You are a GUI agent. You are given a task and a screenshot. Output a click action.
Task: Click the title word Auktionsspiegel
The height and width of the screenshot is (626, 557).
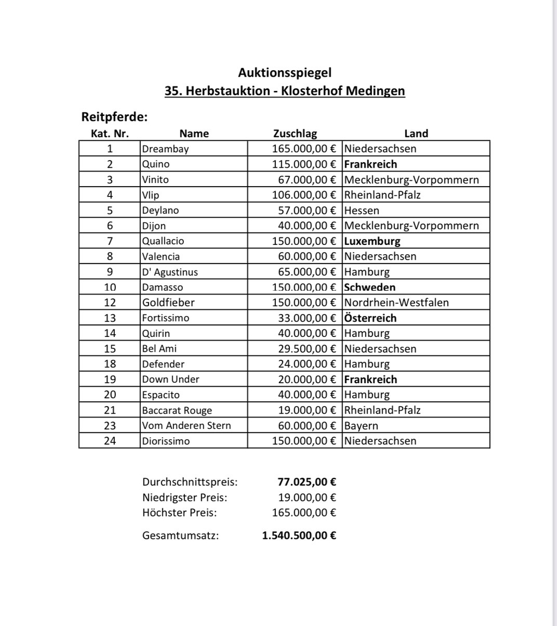tap(284, 72)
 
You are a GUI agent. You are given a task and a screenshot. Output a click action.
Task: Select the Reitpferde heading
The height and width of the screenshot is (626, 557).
tap(114, 117)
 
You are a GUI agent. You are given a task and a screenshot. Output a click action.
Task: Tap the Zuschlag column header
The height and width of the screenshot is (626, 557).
tap(295, 133)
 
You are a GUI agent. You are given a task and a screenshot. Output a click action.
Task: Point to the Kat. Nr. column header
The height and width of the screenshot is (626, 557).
tap(110, 133)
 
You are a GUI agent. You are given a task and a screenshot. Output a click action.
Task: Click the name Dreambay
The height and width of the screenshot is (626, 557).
tap(165, 149)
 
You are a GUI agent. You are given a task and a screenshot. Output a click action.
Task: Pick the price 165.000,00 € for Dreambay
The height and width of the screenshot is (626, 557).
tap(304, 149)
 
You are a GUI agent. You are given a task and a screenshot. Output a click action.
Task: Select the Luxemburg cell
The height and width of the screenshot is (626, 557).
tap(372, 241)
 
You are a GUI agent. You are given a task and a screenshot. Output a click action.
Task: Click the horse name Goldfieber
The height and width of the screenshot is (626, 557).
tap(168, 302)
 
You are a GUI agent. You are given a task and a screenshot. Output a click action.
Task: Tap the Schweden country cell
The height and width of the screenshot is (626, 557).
tap(370, 287)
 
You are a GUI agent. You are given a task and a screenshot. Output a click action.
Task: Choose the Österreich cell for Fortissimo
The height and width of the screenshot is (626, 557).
tap(370, 318)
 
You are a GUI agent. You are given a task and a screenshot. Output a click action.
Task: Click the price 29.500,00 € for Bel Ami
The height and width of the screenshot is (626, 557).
tap(307, 348)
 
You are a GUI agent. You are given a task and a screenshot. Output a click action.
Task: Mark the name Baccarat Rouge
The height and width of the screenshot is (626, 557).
tap(177, 410)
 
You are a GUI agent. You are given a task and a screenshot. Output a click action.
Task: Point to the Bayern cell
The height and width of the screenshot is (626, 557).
tap(361, 426)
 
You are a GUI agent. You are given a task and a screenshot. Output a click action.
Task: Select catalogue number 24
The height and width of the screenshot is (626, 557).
tap(110, 441)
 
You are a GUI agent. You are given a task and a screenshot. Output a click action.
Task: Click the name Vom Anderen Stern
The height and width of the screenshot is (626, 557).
tap(186, 426)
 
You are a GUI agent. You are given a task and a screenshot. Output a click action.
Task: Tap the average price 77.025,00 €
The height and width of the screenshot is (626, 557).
tap(307, 482)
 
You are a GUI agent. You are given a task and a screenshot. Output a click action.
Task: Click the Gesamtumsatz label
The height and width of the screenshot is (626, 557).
tap(181, 536)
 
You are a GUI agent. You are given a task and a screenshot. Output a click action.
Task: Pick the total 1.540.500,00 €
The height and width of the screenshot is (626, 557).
tap(299, 536)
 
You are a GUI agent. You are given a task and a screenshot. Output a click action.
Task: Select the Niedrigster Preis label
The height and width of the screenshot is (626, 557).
tap(185, 497)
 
